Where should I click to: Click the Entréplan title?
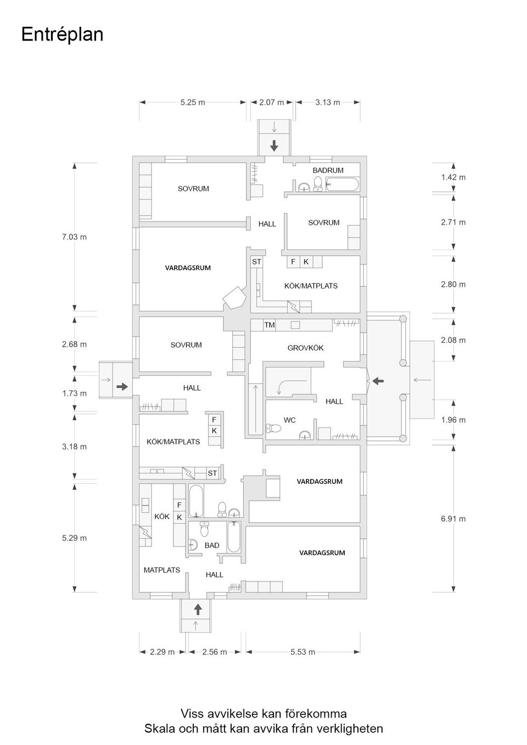point(62,35)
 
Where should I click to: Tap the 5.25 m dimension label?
point(192,102)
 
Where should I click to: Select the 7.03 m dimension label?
point(74,237)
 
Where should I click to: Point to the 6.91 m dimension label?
point(453,518)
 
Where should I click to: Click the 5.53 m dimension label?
point(302,652)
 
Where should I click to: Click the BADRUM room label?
point(328,171)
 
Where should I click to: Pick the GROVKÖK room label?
point(305,348)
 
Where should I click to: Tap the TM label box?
point(269,325)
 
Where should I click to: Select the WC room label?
point(289,420)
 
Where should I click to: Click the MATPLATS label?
point(161,570)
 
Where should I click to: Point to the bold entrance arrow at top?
point(273,146)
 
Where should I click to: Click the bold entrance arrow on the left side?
point(121,387)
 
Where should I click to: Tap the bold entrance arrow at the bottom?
point(198,608)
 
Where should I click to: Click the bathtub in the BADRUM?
point(342,184)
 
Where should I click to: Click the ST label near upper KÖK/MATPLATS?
point(256,262)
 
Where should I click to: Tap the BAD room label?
point(211,545)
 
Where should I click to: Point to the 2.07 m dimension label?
point(271,102)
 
